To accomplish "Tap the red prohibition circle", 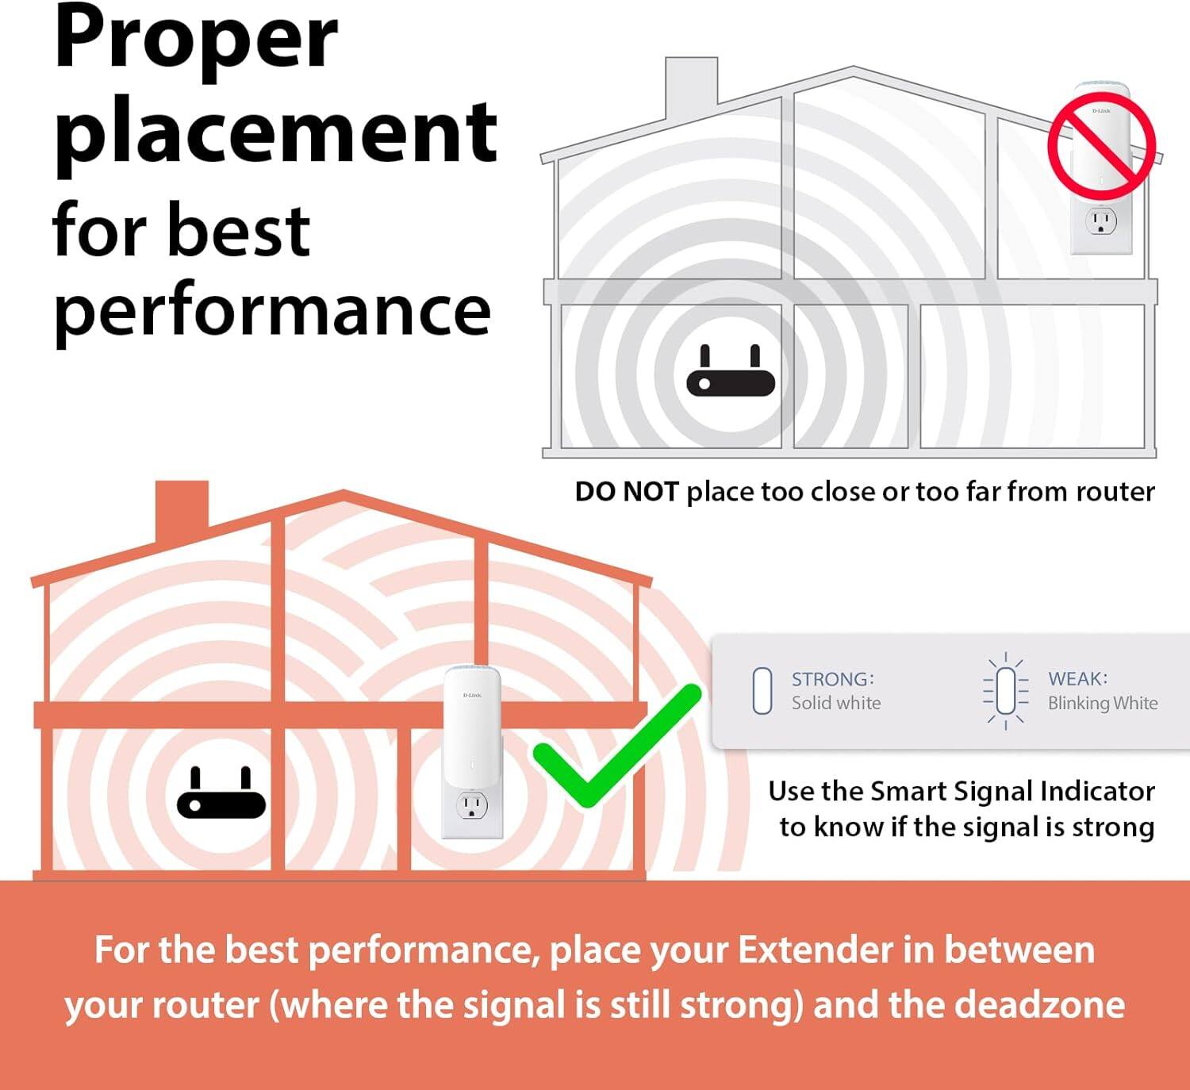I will click(1101, 143).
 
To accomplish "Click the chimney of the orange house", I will click(182, 508).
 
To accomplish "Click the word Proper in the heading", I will click(196, 40).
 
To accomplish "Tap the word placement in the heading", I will click(275, 131).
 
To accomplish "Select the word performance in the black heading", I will click(272, 311).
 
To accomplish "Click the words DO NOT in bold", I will click(626, 492).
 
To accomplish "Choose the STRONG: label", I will click(832, 679).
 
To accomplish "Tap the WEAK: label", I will click(1077, 679).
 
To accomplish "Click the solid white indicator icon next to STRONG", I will click(762, 691).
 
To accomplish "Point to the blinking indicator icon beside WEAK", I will click(1005, 691).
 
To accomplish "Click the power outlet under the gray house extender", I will click(1100, 221).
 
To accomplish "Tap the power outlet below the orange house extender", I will click(471, 807).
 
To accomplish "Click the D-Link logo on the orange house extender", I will click(471, 695).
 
